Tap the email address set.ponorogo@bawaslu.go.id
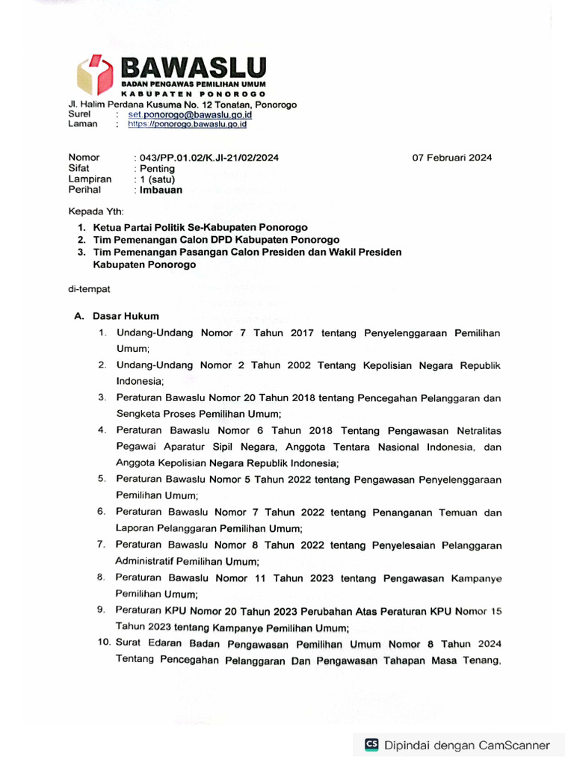point(190,115)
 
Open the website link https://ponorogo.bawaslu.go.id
point(187,125)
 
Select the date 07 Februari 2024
point(452,158)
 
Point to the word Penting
point(157,169)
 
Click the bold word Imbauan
point(161,191)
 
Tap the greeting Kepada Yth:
point(98,211)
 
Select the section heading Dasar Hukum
point(126,316)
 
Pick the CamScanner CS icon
point(371,745)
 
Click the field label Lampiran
point(90,179)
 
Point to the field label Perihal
point(86,191)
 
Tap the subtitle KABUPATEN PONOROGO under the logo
point(194,96)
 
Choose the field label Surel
point(80,114)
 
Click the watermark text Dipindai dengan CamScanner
point(466,745)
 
